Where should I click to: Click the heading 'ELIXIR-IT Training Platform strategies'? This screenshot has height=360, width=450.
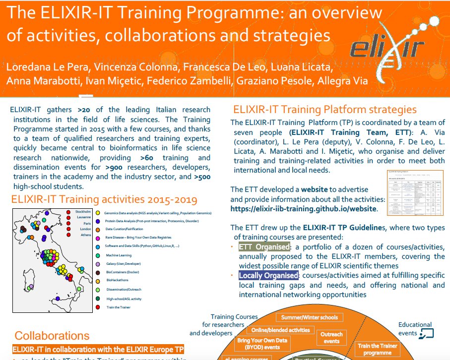pos(325,110)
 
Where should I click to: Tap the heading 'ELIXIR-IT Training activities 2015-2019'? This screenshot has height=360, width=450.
pos(104,200)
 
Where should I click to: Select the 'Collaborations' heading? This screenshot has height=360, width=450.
pos(52,336)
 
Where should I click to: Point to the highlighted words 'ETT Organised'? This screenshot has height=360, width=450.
pos(264,247)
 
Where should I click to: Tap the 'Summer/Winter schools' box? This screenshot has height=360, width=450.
pos(309,317)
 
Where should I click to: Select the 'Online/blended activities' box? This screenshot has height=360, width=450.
pos(281,330)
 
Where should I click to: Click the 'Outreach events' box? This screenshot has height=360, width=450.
pos(331,338)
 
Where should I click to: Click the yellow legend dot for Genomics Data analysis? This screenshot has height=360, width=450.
pos(98,213)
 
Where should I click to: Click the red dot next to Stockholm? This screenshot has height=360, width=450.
pos(68,212)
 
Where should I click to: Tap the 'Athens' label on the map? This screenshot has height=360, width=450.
pos(85,235)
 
